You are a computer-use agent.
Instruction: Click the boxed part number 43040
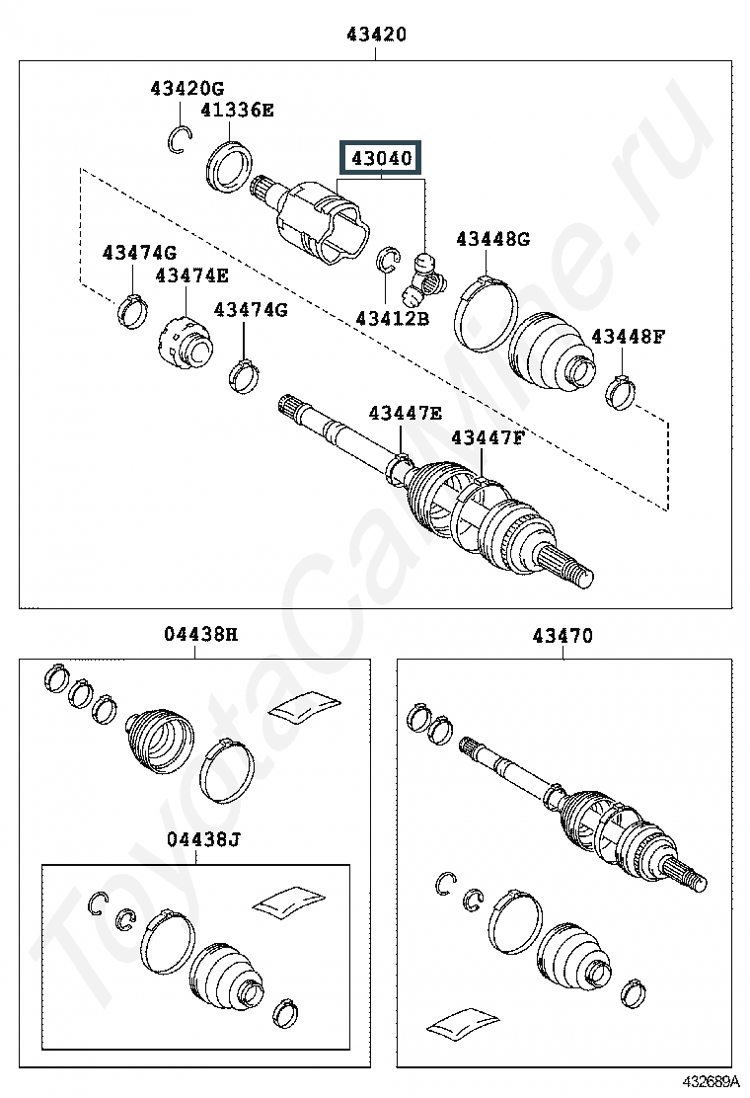[381, 158]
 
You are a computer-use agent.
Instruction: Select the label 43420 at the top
[376, 35]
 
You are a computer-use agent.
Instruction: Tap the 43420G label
[187, 88]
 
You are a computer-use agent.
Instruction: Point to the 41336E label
[237, 110]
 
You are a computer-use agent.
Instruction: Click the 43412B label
[393, 319]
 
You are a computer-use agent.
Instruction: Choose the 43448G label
[493, 239]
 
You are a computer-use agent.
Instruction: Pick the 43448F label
[629, 336]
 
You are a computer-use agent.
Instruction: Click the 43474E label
[191, 275]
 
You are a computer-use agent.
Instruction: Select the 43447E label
[405, 413]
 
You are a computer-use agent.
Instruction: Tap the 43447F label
[487, 437]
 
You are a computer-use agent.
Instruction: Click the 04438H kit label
[200, 635]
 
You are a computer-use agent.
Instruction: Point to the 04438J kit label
[203, 839]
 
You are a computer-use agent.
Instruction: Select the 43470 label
[562, 636]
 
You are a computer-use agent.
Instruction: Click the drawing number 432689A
[711, 1081]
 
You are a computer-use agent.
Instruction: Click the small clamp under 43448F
[620, 393]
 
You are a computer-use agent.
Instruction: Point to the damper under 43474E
[184, 344]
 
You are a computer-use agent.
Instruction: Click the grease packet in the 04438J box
[289, 901]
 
